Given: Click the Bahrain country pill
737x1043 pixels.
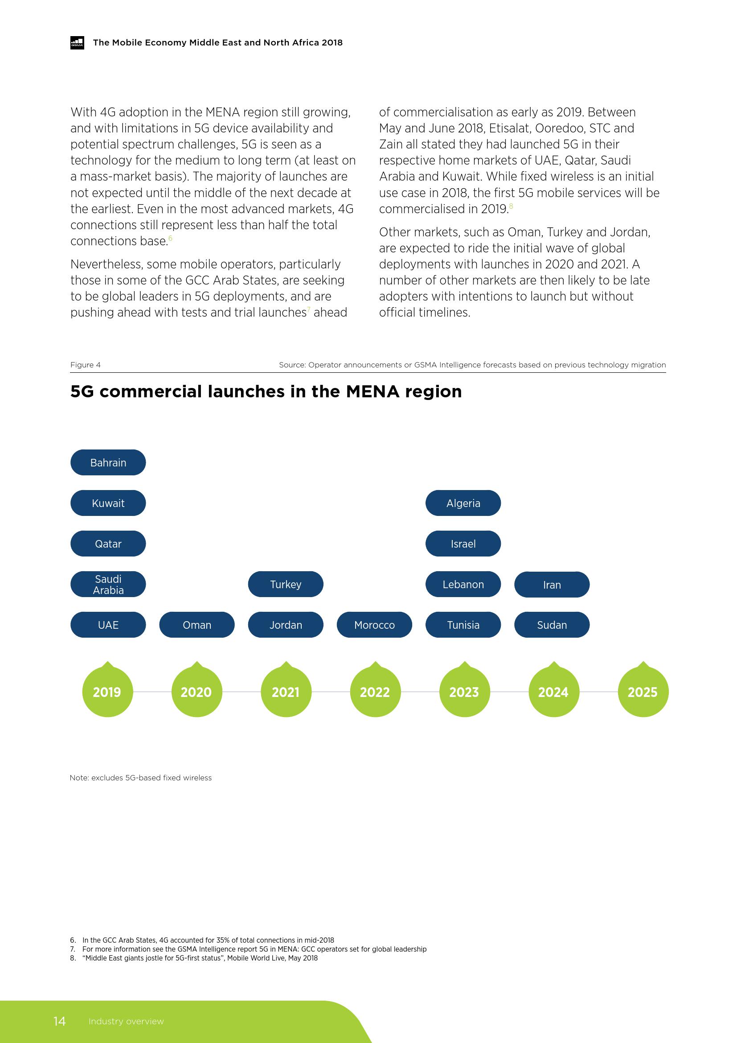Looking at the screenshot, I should (108, 462).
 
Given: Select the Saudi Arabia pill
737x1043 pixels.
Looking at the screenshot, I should (108, 584).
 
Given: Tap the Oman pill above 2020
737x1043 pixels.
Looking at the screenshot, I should (197, 625).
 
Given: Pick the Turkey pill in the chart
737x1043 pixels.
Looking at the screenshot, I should (286, 584).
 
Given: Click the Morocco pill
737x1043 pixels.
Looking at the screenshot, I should (374, 625).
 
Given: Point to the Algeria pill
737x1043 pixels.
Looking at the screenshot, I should (463, 503).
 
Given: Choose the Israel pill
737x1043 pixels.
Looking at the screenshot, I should (463, 544).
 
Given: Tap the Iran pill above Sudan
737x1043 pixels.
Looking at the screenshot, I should (552, 585).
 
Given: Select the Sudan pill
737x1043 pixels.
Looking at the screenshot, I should (552, 625).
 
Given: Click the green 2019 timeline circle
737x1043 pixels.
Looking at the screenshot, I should (107, 692).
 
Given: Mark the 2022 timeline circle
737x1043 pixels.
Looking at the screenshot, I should (375, 692).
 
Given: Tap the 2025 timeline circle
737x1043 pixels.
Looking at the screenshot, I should (643, 692).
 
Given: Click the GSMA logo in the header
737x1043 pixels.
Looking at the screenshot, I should (77, 43).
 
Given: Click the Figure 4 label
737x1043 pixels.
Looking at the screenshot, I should (85, 365).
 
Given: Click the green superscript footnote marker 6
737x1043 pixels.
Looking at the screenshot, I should (170, 238).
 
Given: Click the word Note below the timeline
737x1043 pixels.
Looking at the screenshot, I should (79, 778).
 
